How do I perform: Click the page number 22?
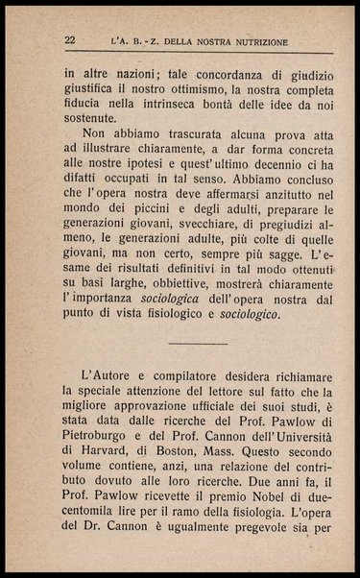click(69, 39)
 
